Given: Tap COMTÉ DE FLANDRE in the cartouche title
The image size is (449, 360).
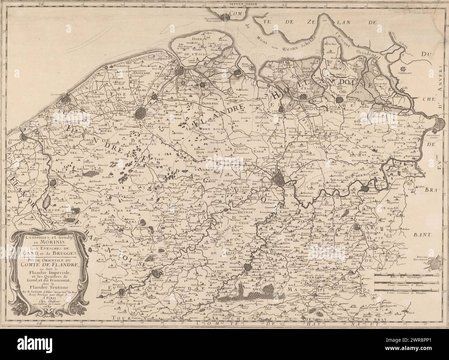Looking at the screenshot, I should click(46, 266).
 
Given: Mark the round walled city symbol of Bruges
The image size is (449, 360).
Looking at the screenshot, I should click(141, 112).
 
